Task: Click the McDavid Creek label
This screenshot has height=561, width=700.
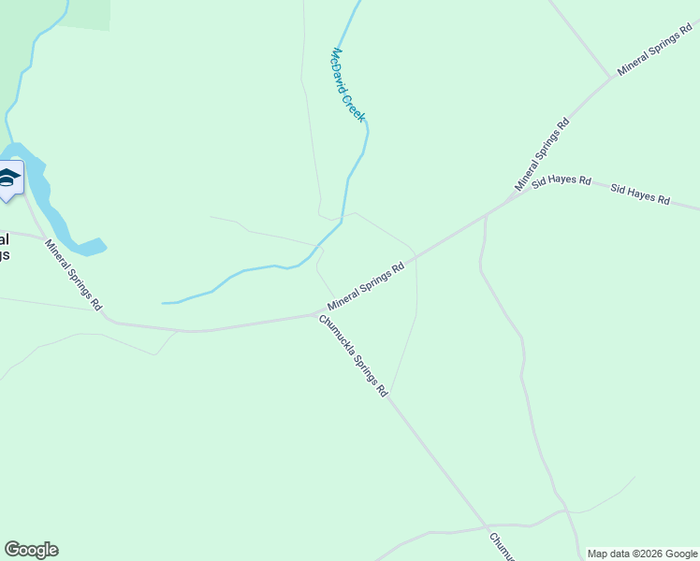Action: point(348,85)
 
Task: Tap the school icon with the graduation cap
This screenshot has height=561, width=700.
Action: point(9,179)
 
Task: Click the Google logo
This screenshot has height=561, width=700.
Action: point(31,550)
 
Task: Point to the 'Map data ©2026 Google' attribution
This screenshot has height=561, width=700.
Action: point(643,554)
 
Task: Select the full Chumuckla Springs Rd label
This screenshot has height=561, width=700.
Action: point(354,356)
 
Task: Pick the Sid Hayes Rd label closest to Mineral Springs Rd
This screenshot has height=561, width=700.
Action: point(561,181)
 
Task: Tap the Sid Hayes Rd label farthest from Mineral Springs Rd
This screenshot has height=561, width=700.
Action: point(640,194)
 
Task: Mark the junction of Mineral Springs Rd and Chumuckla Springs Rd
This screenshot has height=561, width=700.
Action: point(316,315)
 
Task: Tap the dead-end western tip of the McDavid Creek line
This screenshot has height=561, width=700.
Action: point(164,303)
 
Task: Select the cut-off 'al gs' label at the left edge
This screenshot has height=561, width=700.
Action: point(5,246)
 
